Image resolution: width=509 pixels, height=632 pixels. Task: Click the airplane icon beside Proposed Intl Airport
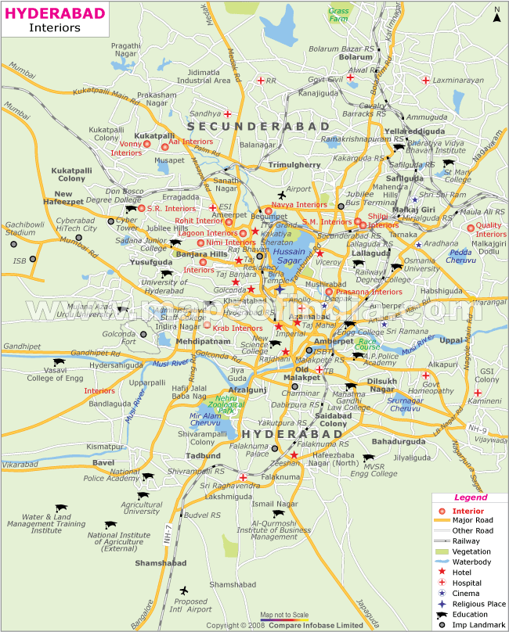[x=185, y=591]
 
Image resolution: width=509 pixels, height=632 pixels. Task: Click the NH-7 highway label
[x=168, y=534]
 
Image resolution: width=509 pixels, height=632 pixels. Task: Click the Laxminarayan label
[x=453, y=80]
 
